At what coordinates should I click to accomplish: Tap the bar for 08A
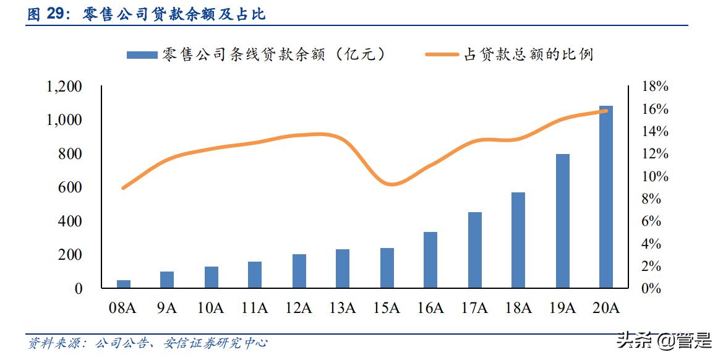tap(124, 284)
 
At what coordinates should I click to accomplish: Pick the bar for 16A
tap(430, 260)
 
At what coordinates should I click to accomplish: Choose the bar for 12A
tap(299, 271)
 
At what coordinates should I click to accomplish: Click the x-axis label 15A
tap(387, 307)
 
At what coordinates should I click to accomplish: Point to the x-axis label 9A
tap(167, 307)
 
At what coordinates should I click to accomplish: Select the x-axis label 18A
tap(518, 307)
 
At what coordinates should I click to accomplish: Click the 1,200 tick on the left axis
tap(64, 87)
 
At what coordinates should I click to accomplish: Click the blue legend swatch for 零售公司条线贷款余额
tap(142, 55)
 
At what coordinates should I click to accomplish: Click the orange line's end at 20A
tap(606, 111)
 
